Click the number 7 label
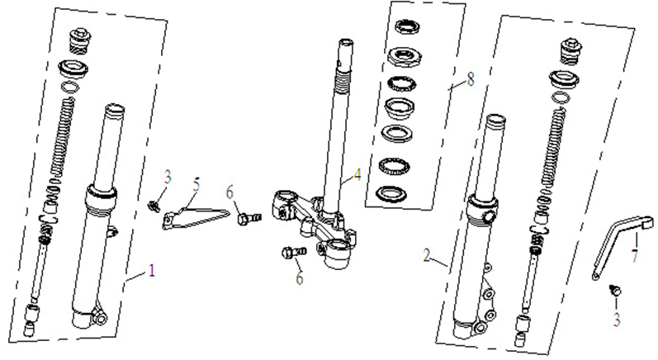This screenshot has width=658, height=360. point(634,257)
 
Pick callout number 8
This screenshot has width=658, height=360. point(471,81)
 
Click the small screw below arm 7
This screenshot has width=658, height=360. point(613,290)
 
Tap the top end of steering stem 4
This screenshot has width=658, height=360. point(343,45)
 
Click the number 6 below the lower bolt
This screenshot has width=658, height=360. point(299,278)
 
